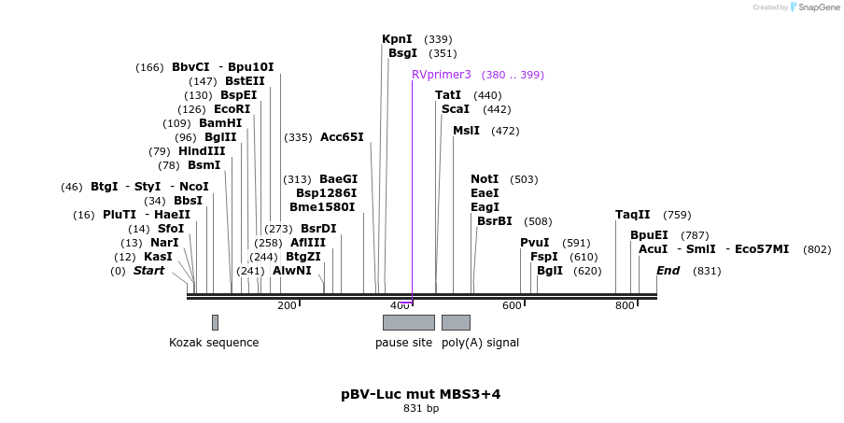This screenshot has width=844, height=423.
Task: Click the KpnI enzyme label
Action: [397, 39]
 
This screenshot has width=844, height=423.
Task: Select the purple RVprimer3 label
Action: [441, 75]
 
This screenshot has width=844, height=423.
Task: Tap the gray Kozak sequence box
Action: [215, 322]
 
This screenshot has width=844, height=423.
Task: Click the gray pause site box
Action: [408, 322]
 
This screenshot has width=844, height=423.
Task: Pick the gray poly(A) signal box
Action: [456, 322]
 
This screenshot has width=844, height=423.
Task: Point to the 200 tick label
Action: [287, 305]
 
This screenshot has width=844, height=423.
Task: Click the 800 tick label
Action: [625, 305]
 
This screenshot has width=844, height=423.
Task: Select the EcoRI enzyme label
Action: [232, 109]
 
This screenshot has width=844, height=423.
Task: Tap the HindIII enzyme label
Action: [202, 151]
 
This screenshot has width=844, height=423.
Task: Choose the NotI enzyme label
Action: [485, 179]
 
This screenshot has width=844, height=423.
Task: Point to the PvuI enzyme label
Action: [535, 243]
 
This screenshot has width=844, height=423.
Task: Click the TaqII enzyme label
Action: [632, 215]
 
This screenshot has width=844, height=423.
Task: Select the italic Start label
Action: [148, 271]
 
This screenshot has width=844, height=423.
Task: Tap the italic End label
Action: [668, 271]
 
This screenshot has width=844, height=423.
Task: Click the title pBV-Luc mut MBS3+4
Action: [420, 394]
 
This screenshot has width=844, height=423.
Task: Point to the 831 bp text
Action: [421, 409]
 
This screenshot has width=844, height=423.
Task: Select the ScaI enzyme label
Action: [456, 109]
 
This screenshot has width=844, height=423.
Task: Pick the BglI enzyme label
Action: [550, 271]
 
